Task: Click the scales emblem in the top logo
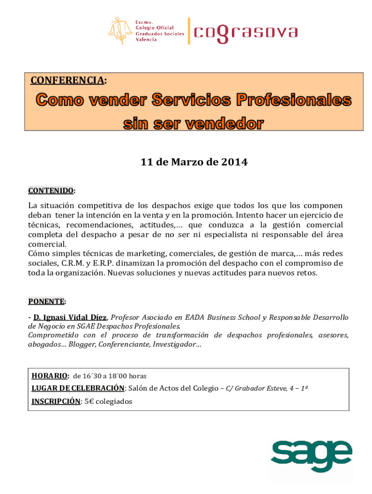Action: pyautogui.click(x=120, y=30)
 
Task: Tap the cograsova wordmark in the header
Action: pyautogui.click(x=245, y=32)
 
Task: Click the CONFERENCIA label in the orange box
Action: pyautogui.click(x=67, y=80)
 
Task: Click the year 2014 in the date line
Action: pyautogui.click(x=234, y=162)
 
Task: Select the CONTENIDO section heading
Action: pyautogui.click(x=51, y=191)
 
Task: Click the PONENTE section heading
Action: pyautogui.click(x=46, y=302)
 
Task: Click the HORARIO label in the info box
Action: pyautogui.click(x=50, y=376)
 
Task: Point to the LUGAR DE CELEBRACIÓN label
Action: pyautogui.click(x=78, y=388)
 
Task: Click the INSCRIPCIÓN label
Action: pyautogui.click(x=56, y=401)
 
